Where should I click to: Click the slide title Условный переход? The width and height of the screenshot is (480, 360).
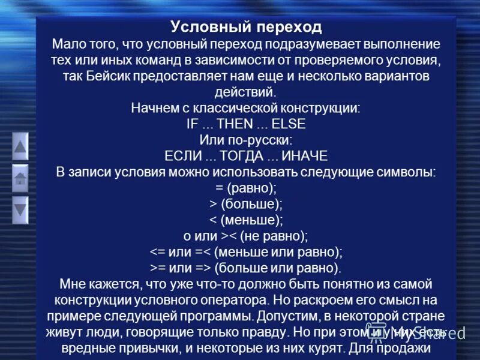pyautogui.click(x=246, y=27)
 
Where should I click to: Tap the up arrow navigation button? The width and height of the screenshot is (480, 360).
pyautogui.click(x=20, y=146)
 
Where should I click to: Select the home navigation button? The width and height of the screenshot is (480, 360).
pyautogui.click(x=20, y=178)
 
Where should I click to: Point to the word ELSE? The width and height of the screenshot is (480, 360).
pyautogui.click(x=289, y=124)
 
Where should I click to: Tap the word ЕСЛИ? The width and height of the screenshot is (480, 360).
pyautogui.click(x=182, y=156)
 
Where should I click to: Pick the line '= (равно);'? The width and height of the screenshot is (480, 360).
pyautogui.click(x=246, y=188)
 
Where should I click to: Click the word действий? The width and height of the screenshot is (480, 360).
pyautogui.click(x=245, y=92)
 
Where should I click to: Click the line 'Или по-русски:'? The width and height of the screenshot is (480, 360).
pyautogui.click(x=246, y=140)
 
